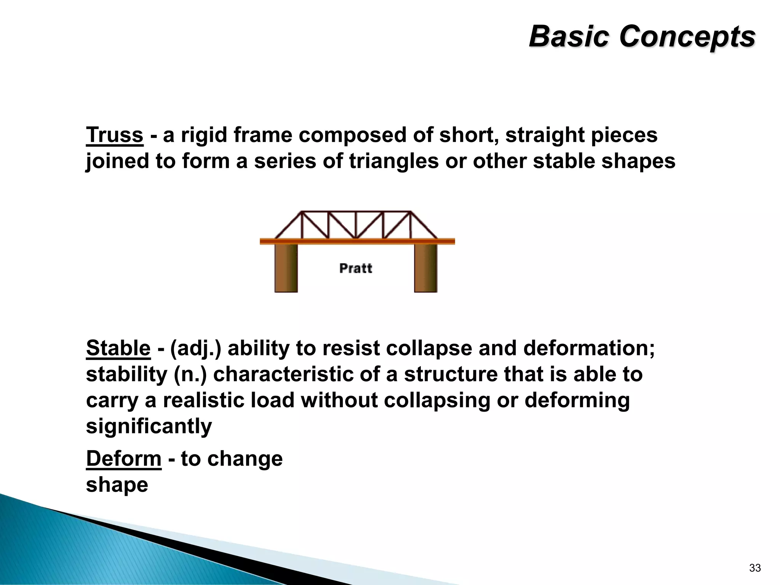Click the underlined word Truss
(114, 135)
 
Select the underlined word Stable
(118, 348)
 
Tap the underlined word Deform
(124, 459)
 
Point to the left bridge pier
(286, 268)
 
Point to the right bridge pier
(425, 268)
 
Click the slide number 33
(754, 568)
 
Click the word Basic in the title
(569, 37)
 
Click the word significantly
(149, 426)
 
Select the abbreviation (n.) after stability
(190, 375)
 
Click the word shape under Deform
(117, 485)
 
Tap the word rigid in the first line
(204, 135)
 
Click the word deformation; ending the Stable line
(589, 348)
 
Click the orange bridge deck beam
(357, 241)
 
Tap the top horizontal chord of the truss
(356, 211)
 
